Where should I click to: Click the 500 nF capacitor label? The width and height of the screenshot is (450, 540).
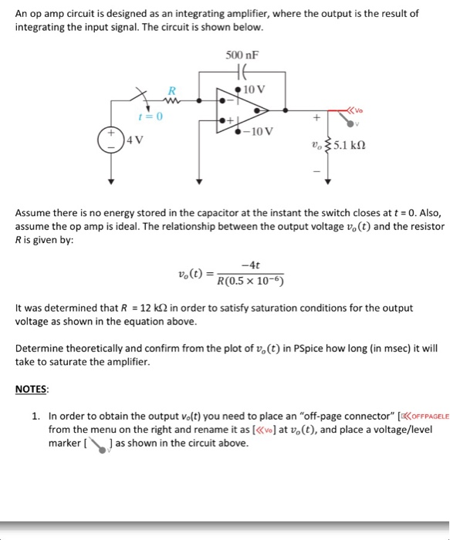pos(242,56)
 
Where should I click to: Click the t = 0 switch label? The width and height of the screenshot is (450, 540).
pos(149,116)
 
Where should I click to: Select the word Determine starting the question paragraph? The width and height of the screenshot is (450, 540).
pos(39,349)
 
